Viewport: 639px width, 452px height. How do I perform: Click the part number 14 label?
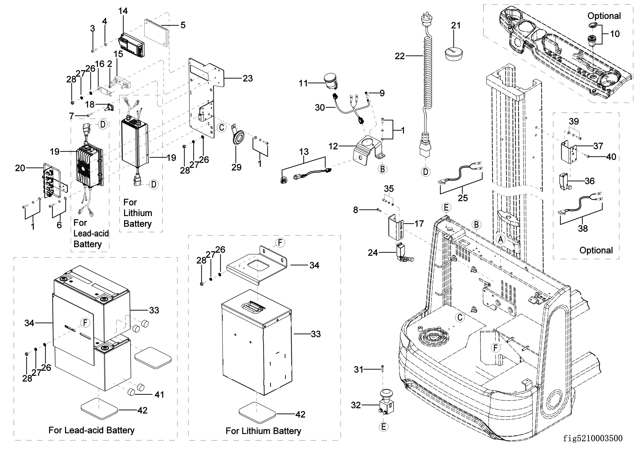123,11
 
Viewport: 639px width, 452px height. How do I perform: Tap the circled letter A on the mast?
500,239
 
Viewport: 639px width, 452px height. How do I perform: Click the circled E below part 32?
383,427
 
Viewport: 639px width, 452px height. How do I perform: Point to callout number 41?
159,394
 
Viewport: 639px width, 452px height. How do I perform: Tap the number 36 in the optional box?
589,181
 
